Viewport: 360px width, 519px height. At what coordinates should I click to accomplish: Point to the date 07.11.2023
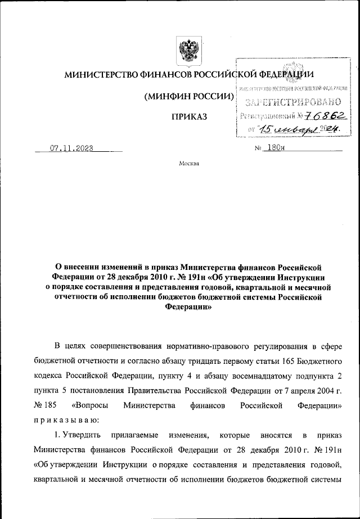click(70, 149)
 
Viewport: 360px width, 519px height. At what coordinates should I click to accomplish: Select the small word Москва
click(188, 164)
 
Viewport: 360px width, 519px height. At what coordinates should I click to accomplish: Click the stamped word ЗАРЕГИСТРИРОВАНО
click(294, 102)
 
